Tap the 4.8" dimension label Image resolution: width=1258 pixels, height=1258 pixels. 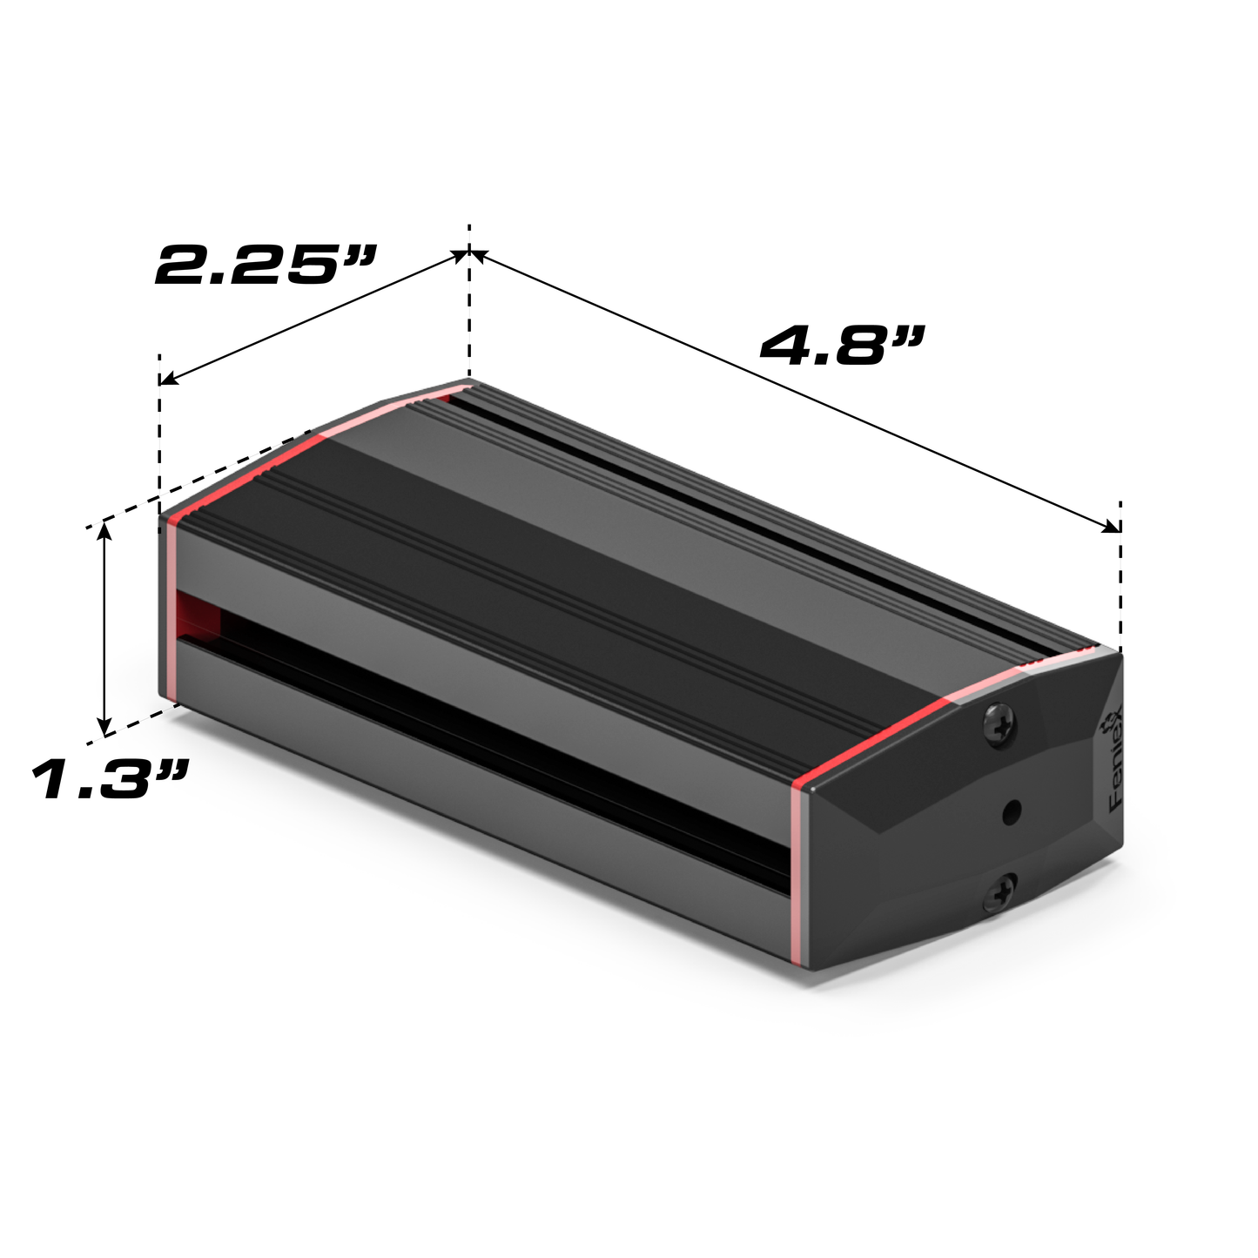click(839, 345)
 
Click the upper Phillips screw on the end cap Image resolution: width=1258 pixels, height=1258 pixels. click(999, 724)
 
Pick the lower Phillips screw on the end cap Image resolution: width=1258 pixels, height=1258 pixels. click(1002, 891)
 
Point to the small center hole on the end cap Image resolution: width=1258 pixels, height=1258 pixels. click(1011, 812)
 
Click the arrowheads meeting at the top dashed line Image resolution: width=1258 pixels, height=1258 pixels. click(469, 254)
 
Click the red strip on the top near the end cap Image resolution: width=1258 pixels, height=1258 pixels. click(879, 731)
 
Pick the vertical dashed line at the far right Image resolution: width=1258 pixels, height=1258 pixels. click(1120, 575)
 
